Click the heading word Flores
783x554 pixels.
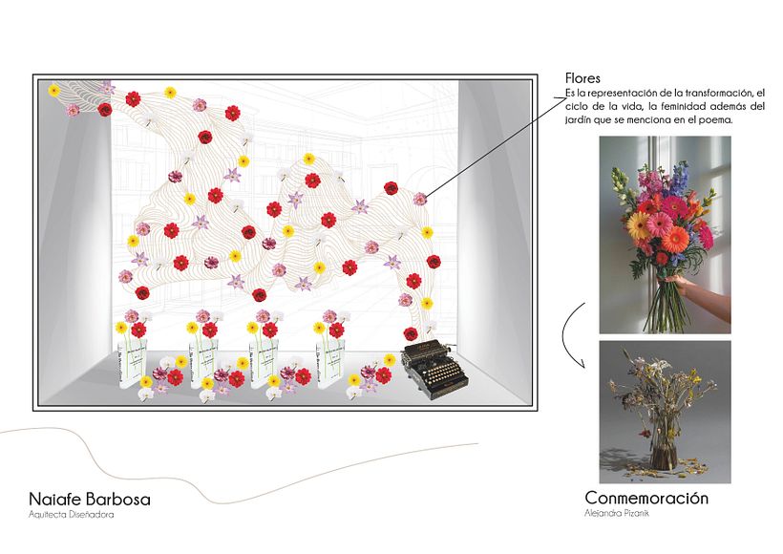click(582, 79)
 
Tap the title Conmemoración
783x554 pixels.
click(646, 499)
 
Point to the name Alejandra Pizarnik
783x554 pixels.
click(615, 514)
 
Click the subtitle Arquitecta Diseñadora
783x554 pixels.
click(72, 516)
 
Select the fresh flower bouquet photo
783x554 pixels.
click(665, 234)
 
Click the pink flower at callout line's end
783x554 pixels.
click(420, 199)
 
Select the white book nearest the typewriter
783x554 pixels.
click(329, 362)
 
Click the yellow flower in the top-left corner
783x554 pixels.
click(54, 90)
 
